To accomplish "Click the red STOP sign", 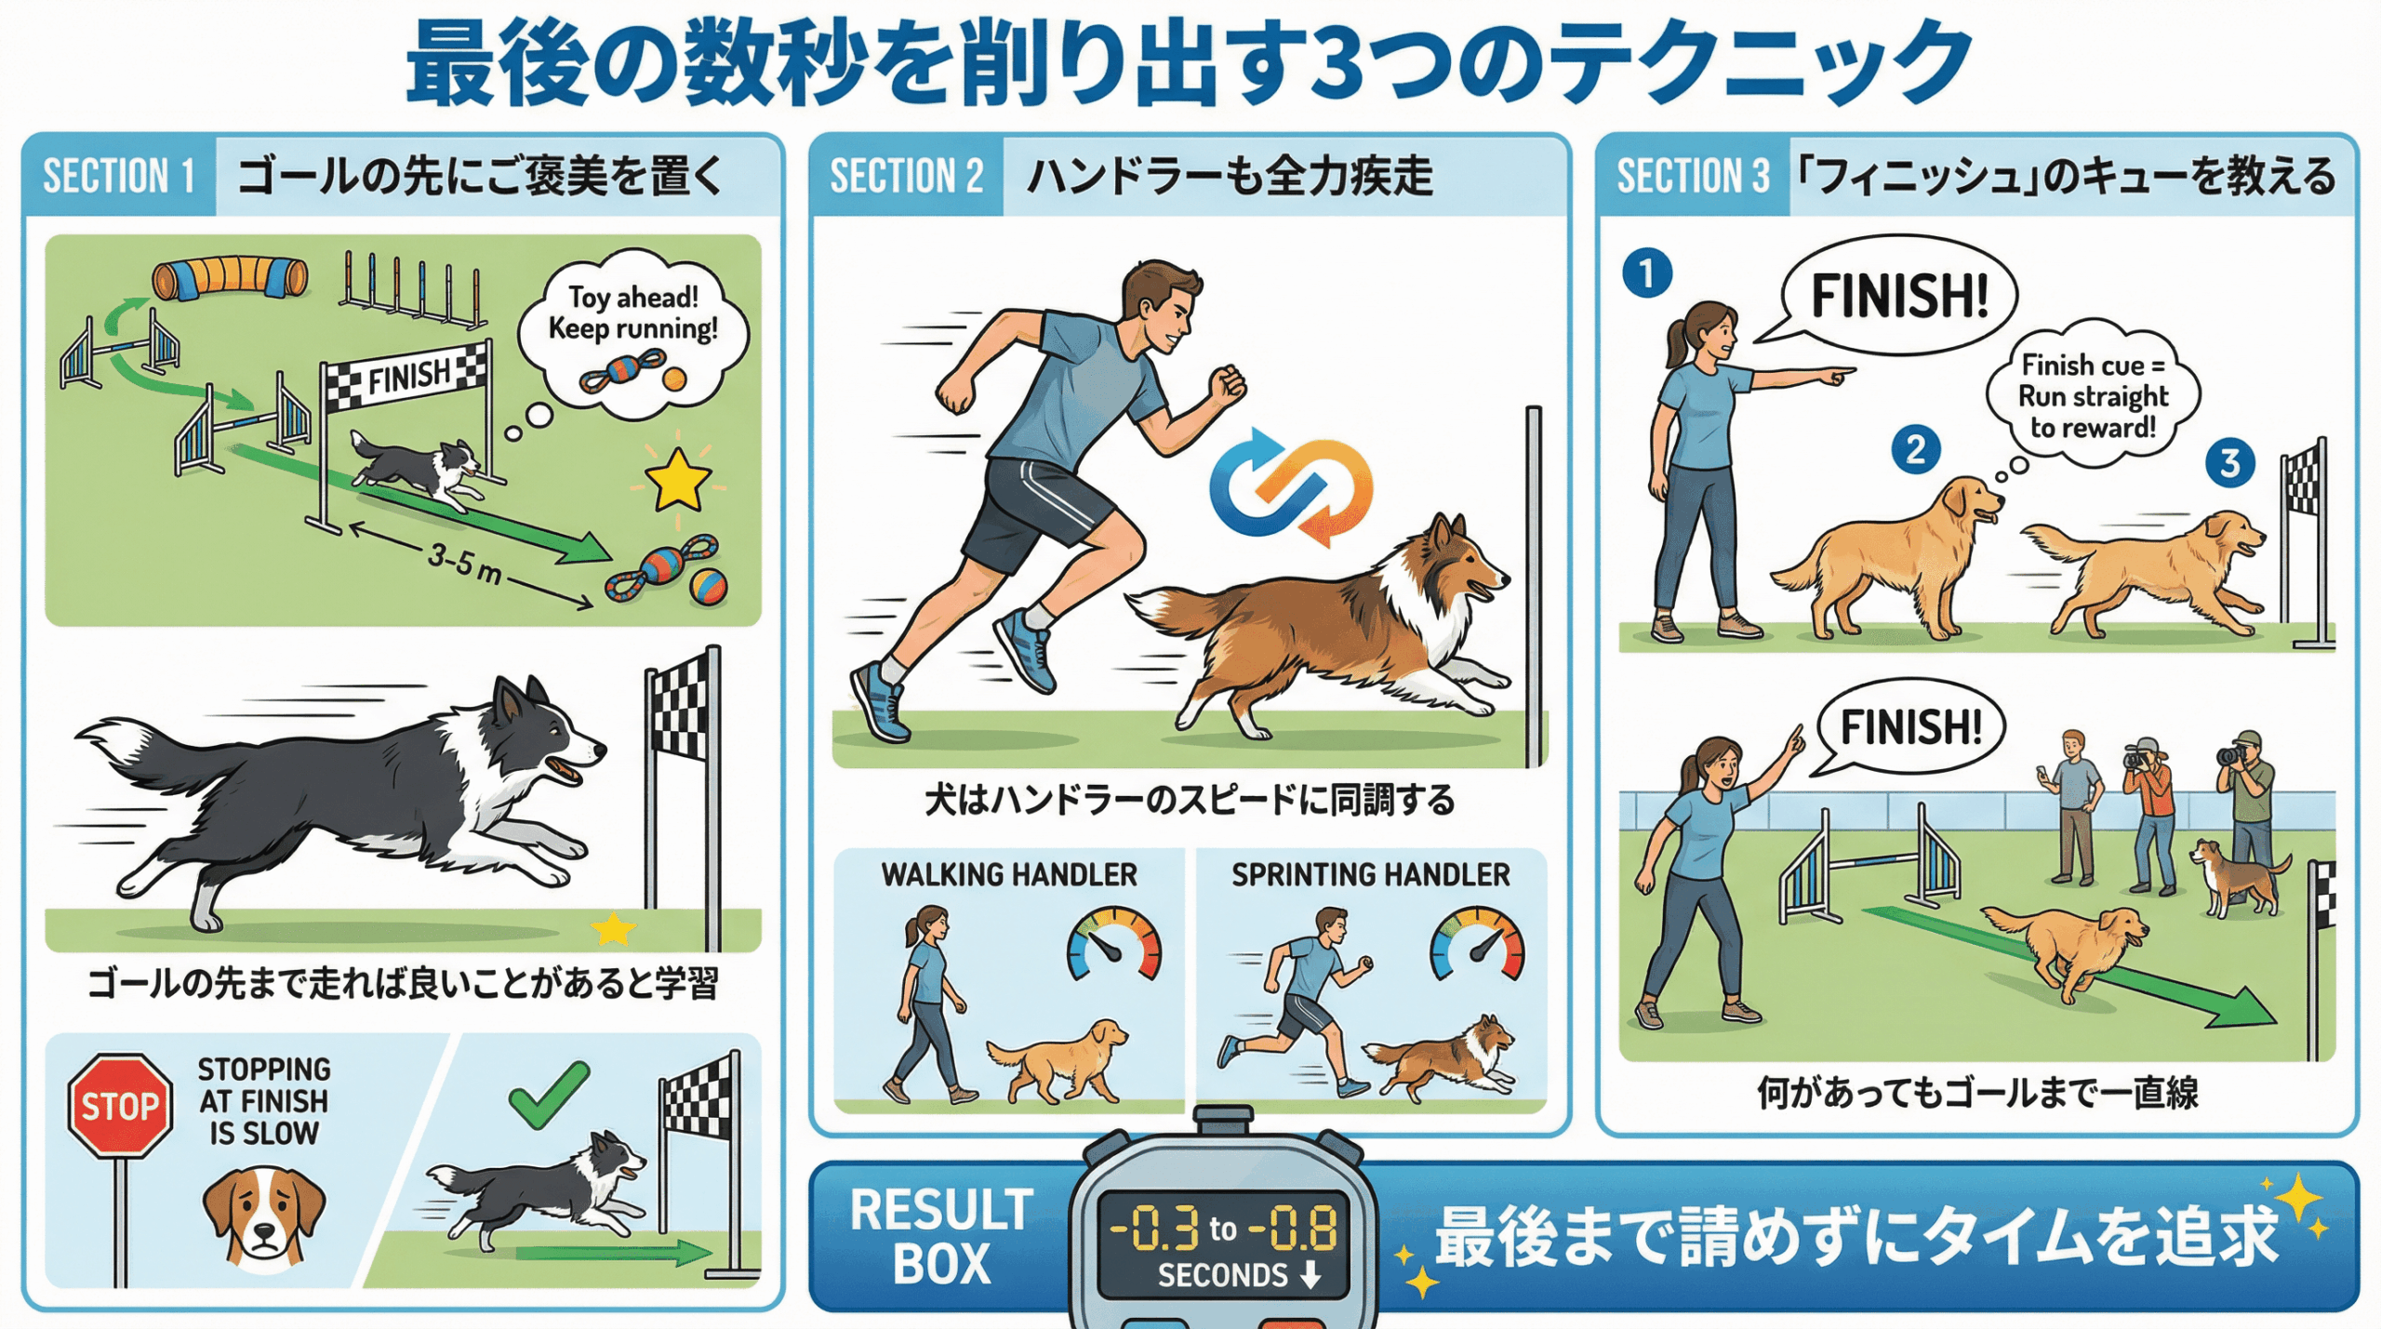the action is point(120,1106).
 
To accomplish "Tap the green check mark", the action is point(549,1096).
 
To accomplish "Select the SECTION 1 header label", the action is point(119,176).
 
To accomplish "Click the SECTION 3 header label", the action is point(1693,176).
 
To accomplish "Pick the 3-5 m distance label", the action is point(465,562).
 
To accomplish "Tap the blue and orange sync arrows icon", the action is point(1291,485).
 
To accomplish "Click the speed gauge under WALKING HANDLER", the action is point(1113,943).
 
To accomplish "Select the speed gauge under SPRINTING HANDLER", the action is point(1477,943).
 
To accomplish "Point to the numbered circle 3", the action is point(2230,462).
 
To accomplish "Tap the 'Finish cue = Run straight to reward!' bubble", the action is point(2093,395).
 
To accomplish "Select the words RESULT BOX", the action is point(941,1237).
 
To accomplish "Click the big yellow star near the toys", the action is point(678,480).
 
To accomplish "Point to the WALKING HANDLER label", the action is point(1009,875).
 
